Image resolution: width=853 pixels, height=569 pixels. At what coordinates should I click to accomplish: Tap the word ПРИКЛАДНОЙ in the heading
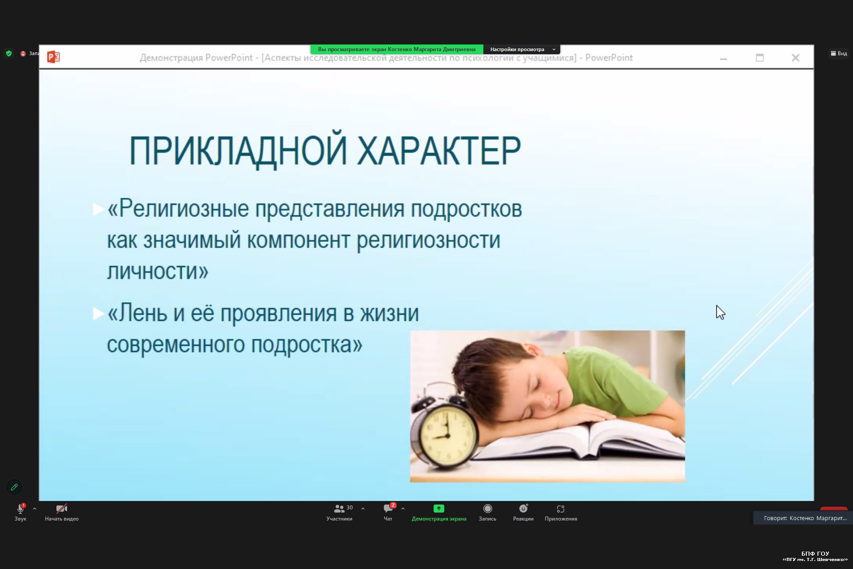(238, 151)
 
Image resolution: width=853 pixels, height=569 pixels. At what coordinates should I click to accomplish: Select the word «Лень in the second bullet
(137, 313)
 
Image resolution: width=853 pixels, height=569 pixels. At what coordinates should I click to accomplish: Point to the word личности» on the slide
(158, 271)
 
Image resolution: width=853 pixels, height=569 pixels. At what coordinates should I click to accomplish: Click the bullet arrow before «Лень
(98, 313)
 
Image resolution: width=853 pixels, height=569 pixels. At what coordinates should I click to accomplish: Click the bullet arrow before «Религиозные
(98, 209)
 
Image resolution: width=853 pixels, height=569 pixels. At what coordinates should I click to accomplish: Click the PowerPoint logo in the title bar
(53, 57)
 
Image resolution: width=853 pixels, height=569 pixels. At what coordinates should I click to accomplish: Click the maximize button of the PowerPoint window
(760, 58)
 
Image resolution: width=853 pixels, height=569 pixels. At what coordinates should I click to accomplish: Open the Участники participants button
(339, 512)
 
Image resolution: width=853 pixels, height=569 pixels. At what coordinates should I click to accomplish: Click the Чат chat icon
(388, 509)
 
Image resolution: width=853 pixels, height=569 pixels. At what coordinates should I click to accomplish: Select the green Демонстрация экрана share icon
(439, 509)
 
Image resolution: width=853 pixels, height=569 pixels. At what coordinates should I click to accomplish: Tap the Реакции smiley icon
(523, 509)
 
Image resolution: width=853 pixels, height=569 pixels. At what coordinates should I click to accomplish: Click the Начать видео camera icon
(61, 509)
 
